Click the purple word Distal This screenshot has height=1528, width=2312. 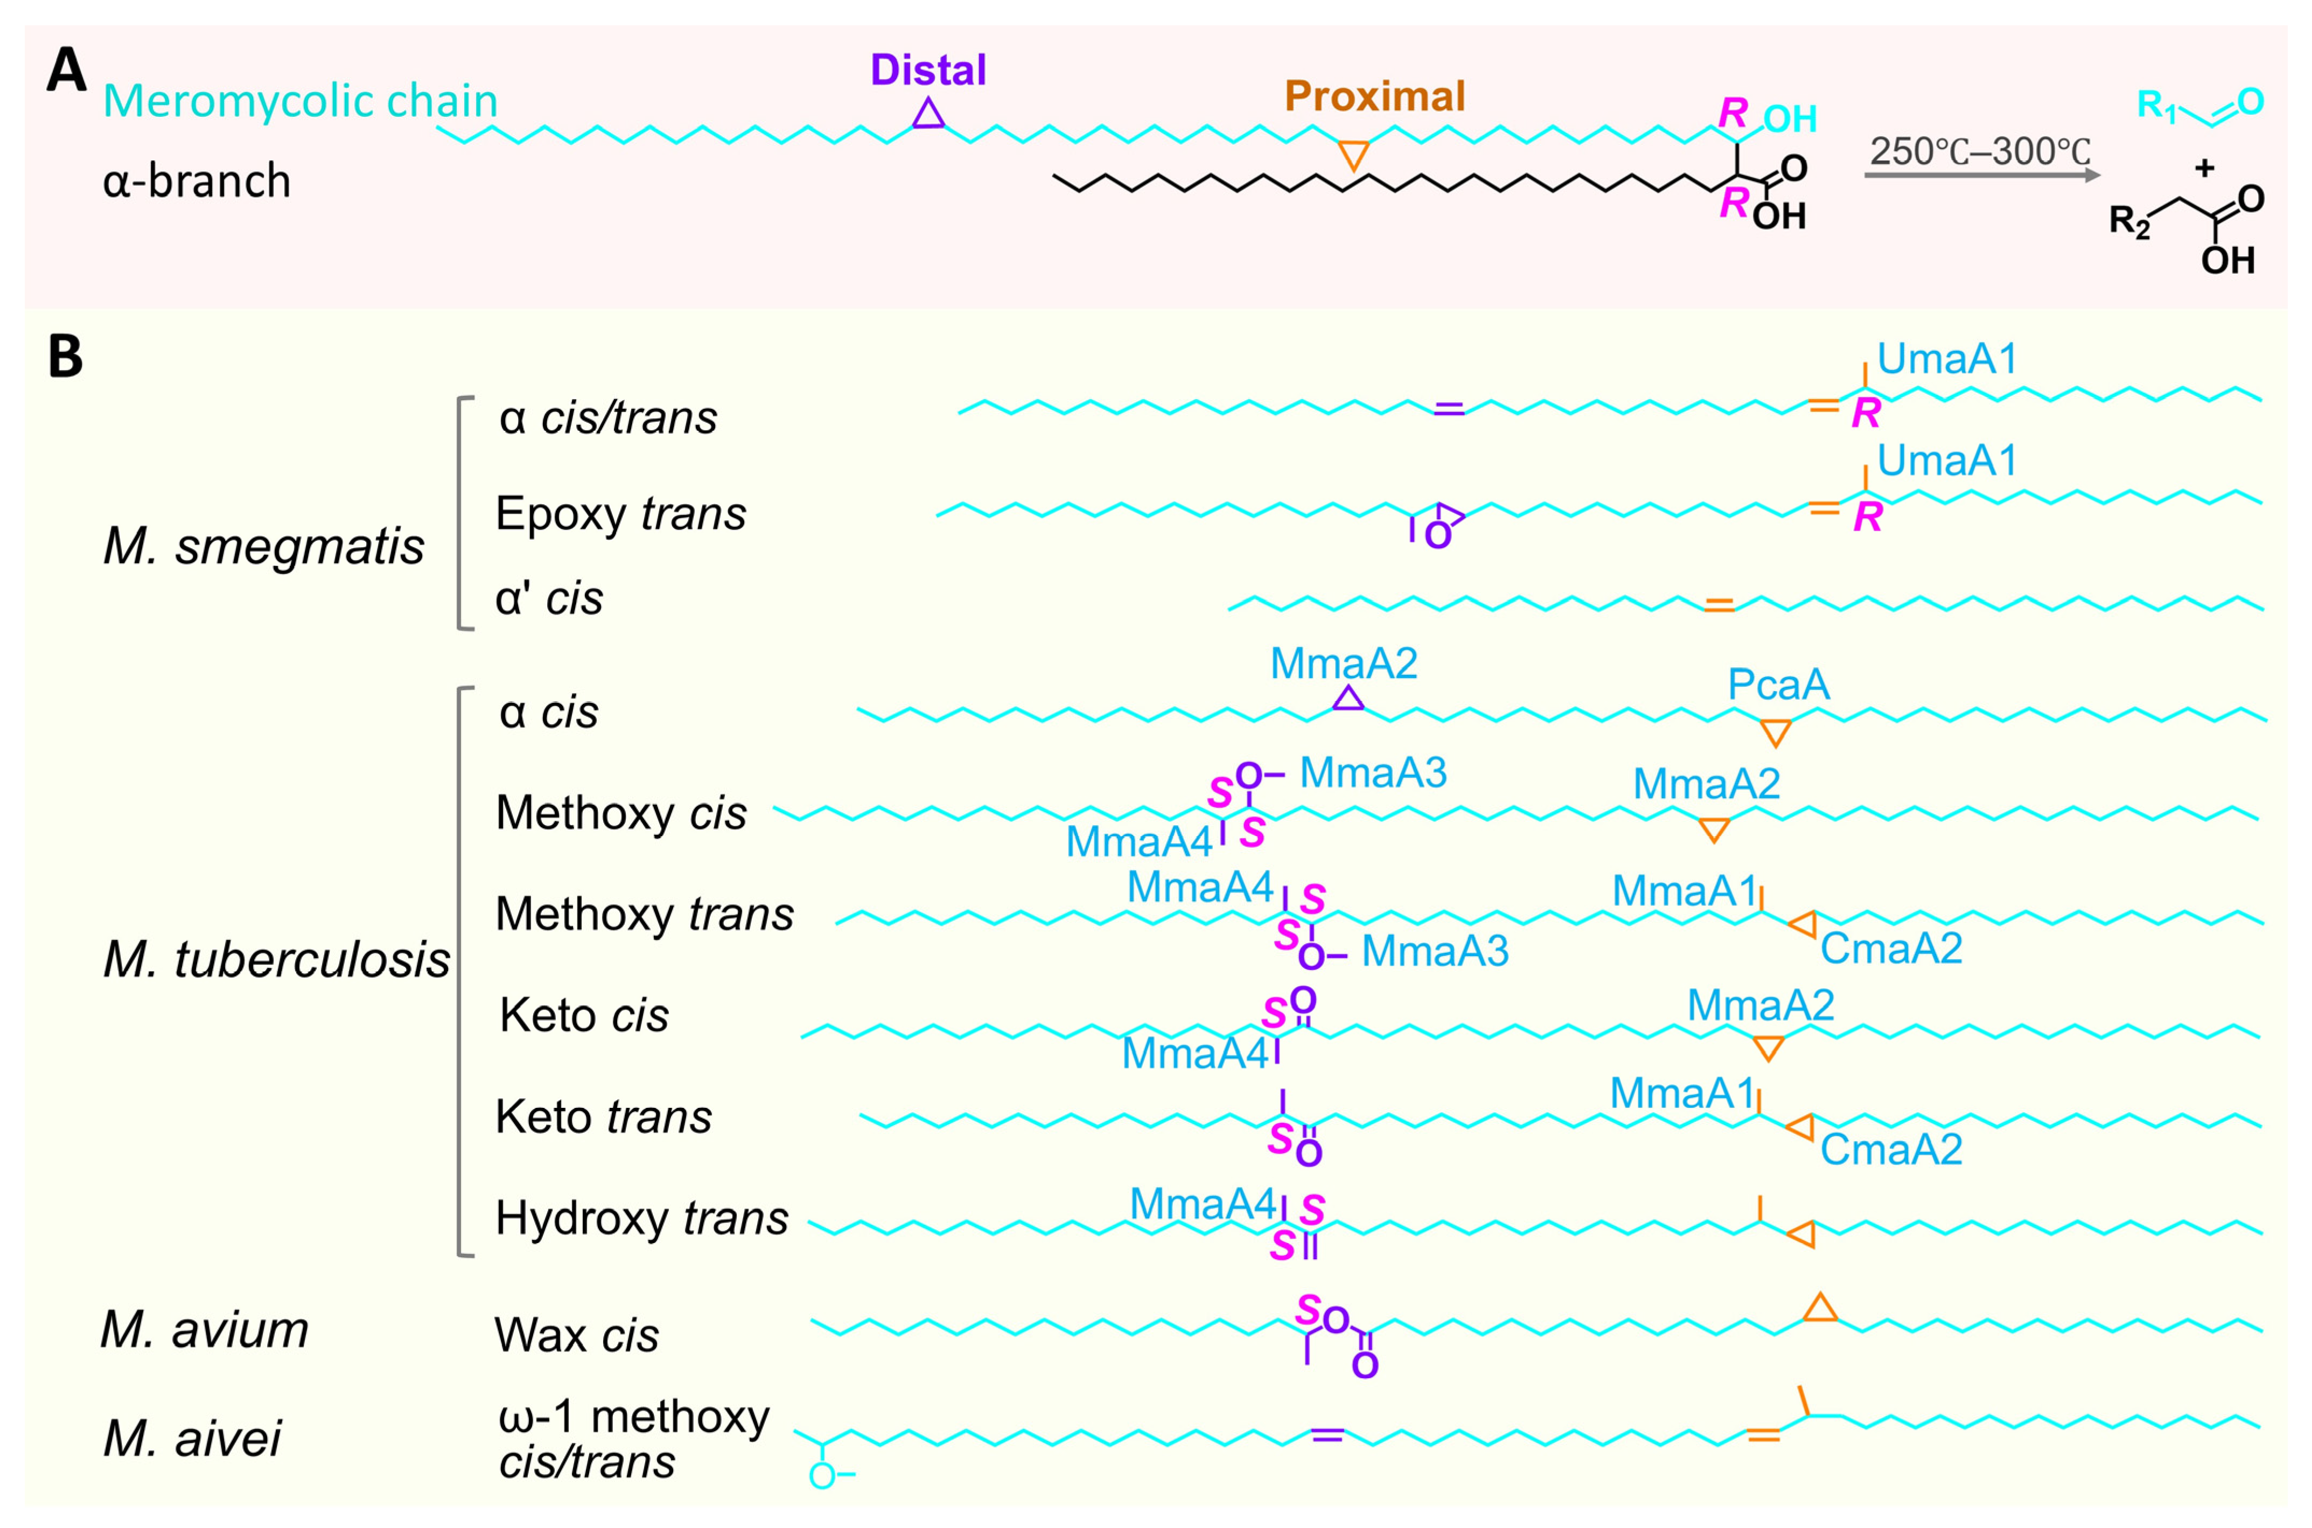click(927, 70)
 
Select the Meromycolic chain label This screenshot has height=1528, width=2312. click(300, 101)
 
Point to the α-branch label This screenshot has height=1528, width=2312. click(197, 182)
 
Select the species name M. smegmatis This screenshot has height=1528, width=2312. click(263, 547)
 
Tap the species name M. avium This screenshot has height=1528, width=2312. click(205, 1330)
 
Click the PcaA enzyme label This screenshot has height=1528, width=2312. click(1778, 685)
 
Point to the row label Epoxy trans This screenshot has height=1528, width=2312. click(620, 514)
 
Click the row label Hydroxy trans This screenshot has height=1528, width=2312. click(641, 1218)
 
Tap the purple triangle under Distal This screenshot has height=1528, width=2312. click(928, 115)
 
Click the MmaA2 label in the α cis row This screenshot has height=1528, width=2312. click(1344, 664)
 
